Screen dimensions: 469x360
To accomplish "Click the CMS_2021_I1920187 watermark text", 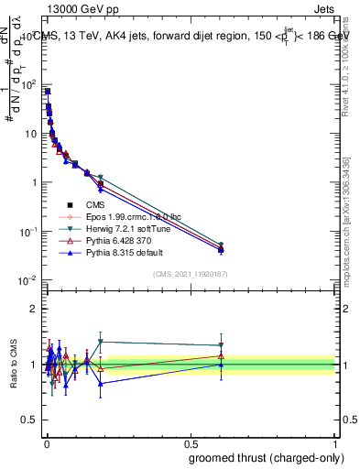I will [190, 273].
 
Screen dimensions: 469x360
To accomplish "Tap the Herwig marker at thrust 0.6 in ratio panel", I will [221, 345].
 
